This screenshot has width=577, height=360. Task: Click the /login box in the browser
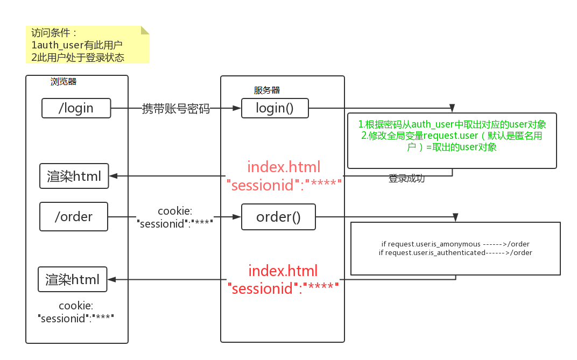click(76, 108)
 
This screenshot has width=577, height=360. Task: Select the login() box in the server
click(275, 108)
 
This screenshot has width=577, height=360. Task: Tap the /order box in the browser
click(74, 217)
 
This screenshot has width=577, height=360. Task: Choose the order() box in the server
click(278, 217)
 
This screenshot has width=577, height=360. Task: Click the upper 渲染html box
click(74, 176)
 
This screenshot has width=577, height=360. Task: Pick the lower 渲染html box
click(72, 279)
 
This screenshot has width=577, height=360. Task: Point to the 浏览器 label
click(64, 82)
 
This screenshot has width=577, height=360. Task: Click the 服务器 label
click(267, 90)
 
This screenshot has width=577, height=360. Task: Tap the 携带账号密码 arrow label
click(176, 109)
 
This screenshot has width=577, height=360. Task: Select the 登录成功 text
click(406, 179)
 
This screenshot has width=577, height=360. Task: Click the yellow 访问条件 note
click(86, 45)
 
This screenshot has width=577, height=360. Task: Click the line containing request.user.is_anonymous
click(455, 244)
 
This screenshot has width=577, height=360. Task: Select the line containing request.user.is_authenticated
click(455, 252)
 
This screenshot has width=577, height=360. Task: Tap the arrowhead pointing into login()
click(236, 108)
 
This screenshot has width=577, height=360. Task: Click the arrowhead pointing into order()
click(236, 217)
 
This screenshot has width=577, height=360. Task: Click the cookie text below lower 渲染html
click(76, 312)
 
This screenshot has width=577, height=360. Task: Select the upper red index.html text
click(284, 166)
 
